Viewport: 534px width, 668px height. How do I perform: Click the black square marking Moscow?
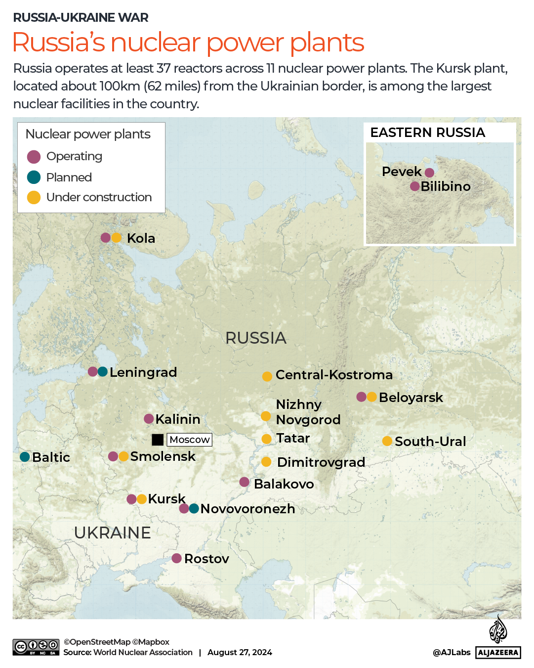(158, 440)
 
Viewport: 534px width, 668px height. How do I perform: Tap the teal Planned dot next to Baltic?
(25, 457)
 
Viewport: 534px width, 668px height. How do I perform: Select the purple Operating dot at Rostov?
(176, 558)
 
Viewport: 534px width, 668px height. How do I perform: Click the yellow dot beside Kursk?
(142, 499)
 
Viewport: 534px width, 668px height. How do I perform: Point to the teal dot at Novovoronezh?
(194, 508)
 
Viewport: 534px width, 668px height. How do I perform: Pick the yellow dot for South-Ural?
(387, 441)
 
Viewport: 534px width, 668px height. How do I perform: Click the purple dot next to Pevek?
(429, 173)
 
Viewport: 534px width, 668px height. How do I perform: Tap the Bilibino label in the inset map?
(445, 186)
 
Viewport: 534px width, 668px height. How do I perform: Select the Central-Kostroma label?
(334, 375)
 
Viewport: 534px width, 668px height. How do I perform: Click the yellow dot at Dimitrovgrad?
(266, 462)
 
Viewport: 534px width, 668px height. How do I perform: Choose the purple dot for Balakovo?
(244, 482)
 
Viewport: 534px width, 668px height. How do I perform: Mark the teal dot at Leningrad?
(103, 372)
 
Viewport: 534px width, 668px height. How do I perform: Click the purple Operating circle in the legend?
(34, 157)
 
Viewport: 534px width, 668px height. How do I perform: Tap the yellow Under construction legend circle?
(34, 197)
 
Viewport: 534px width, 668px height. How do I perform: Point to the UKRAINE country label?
(112, 533)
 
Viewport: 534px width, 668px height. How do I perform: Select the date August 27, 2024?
(240, 652)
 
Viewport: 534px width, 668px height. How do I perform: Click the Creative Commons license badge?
(36, 647)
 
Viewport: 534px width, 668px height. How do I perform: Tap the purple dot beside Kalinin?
(149, 419)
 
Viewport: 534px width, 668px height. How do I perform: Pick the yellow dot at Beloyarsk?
(372, 397)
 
